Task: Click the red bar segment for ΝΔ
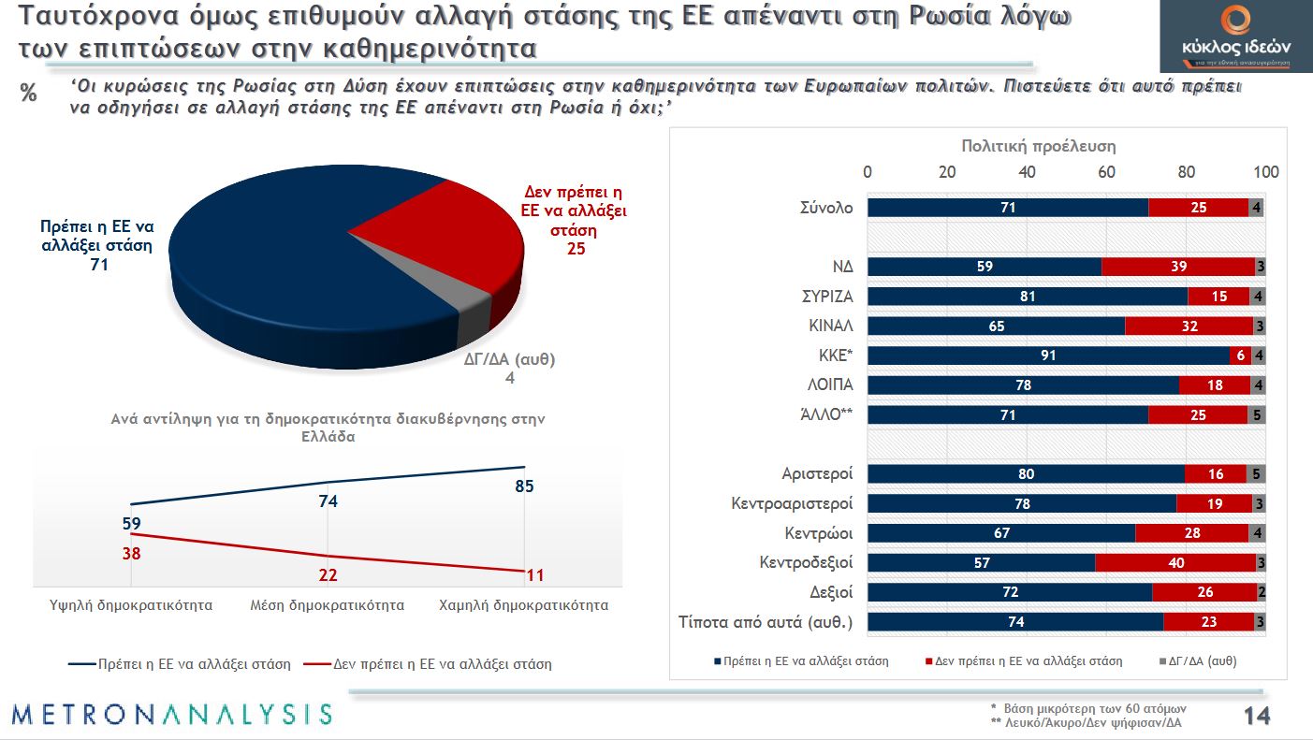pos(1178,267)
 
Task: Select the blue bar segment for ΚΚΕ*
pos(1048,355)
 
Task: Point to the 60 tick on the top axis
pos(1107,172)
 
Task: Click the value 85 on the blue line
pos(524,486)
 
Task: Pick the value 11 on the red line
pos(534,575)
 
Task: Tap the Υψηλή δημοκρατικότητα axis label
pos(131,605)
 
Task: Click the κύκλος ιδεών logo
pos(1235,37)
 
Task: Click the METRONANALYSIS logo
pos(172,715)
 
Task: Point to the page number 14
pos(1256,717)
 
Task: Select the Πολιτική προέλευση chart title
pos(1039,147)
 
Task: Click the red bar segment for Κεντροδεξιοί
pos(1175,563)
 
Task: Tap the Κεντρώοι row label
pos(819,533)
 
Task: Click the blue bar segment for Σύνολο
pos(1008,208)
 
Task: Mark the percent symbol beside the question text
pos(28,94)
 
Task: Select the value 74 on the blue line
pos(328,501)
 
